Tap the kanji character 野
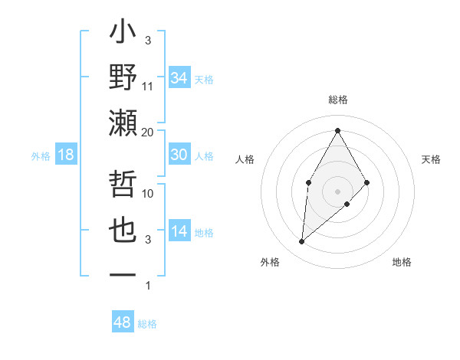[x=123, y=78]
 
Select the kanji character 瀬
[x=123, y=124]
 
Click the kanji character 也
[x=123, y=231]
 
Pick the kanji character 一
[x=123, y=274]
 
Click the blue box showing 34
[x=179, y=78]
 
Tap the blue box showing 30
[x=179, y=155]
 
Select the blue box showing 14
[x=179, y=231]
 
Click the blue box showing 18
[x=66, y=155]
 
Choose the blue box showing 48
[x=123, y=322]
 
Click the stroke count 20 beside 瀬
[x=148, y=133]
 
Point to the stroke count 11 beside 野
[x=148, y=87]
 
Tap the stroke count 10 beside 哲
[x=148, y=193]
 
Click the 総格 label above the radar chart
[x=337, y=100]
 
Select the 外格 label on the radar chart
[x=269, y=262]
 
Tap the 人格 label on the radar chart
[x=245, y=159]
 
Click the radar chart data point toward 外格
[x=302, y=242]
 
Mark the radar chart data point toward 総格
[x=337, y=130]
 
